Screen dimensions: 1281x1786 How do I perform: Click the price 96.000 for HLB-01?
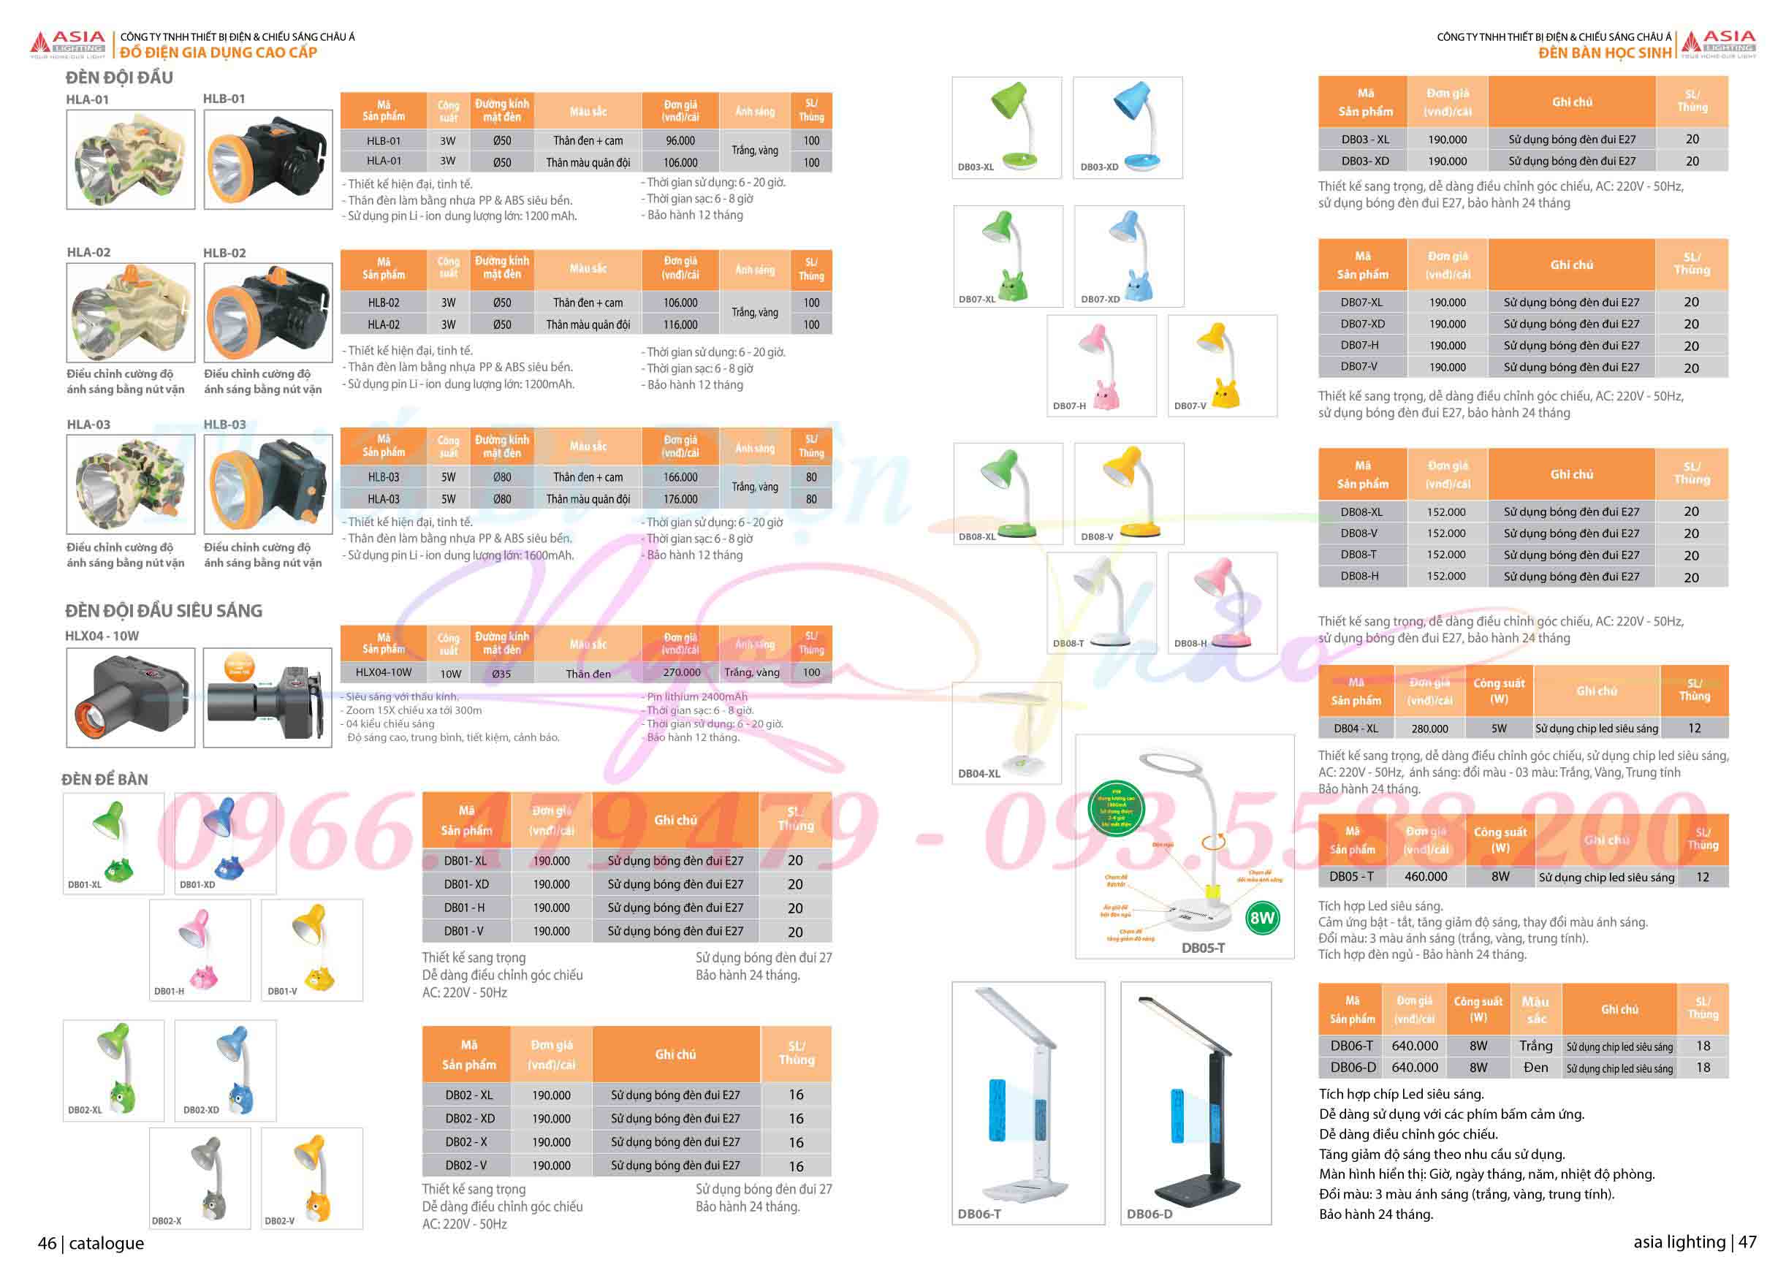pos(680,141)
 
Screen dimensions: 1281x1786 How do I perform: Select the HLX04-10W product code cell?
pos(384,672)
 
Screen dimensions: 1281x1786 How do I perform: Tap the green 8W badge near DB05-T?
pos(1261,917)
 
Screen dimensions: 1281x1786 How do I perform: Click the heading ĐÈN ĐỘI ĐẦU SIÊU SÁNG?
pos(164,611)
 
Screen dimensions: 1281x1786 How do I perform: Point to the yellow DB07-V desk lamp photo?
pos(1221,365)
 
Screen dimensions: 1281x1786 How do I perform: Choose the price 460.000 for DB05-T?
pos(1425,876)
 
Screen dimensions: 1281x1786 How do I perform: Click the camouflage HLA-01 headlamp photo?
pos(131,160)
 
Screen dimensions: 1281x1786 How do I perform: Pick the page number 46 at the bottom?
pos(47,1243)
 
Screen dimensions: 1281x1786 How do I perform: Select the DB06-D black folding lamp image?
pos(1196,1102)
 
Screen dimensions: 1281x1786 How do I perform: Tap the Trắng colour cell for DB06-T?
pos(1535,1046)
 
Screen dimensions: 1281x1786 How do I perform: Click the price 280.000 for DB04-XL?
pos(1429,729)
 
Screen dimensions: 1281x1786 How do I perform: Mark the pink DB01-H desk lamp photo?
pos(200,949)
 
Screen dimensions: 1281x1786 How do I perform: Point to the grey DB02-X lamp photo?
pos(200,1178)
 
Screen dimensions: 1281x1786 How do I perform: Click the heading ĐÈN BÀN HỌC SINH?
pos(1605,53)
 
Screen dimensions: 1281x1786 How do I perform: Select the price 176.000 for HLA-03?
pos(680,499)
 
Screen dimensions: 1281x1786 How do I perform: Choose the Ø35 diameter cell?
pos(501,673)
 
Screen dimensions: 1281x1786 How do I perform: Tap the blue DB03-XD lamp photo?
pos(1128,128)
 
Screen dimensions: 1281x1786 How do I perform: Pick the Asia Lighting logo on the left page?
pos(68,44)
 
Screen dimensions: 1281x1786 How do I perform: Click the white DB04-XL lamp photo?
pos(1006,732)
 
